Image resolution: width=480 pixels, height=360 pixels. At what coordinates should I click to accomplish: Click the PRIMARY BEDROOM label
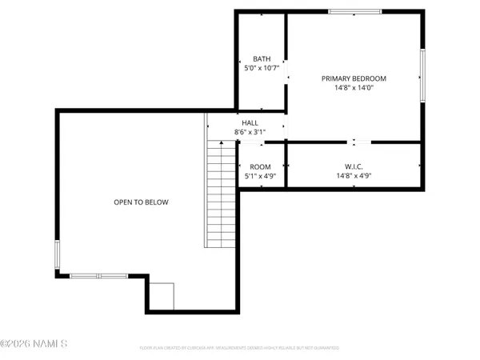[x=354, y=78]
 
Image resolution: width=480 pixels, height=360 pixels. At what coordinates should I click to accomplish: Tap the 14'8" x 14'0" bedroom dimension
[x=354, y=88]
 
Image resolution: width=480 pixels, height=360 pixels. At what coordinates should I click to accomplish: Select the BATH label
[x=262, y=59]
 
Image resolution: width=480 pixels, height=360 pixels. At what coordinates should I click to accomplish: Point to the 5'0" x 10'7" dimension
[x=262, y=69]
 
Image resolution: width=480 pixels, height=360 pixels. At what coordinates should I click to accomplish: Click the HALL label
[x=239, y=122]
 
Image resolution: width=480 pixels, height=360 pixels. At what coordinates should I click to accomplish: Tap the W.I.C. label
[x=353, y=166]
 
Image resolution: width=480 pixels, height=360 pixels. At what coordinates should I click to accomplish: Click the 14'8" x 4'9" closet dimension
[x=353, y=176]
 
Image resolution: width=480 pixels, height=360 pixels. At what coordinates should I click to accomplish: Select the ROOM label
[x=261, y=166]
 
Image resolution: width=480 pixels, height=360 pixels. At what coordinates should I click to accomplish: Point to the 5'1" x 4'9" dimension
[x=261, y=176]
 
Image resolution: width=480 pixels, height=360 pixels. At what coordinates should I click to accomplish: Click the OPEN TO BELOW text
[x=141, y=202]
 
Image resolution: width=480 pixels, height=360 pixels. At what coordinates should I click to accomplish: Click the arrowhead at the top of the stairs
[x=222, y=142]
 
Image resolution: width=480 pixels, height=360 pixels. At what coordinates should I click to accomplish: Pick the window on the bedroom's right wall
[x=423, y=76]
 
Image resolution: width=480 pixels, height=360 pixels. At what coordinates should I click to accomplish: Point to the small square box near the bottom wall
[x=162, y=296]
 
